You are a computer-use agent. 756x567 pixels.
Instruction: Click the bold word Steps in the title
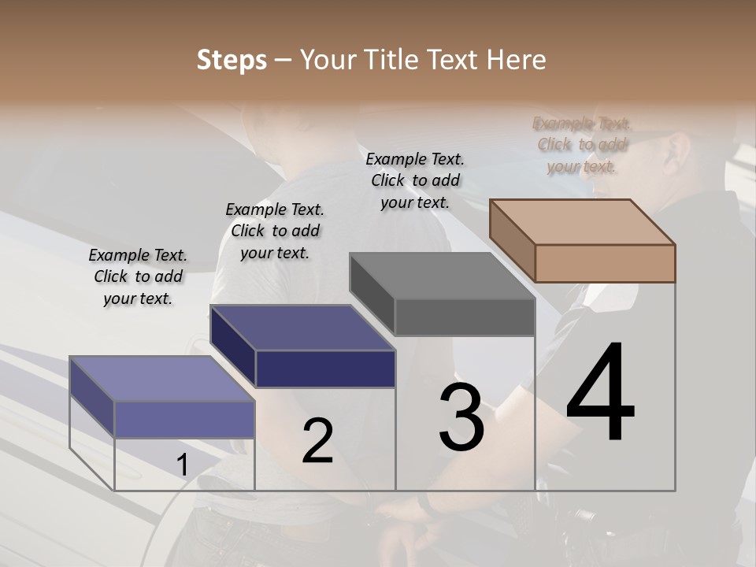pos(232,60)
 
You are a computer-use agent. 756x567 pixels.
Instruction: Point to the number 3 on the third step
pos(461,417)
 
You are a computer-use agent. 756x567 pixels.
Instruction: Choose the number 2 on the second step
pos(317,441)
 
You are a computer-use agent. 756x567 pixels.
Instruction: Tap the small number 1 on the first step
pos(182,466)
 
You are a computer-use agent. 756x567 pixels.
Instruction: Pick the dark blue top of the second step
pos(302,328)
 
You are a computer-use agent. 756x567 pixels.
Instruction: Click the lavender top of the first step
pos(162,379)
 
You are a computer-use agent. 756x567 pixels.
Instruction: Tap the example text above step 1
pos(138,277)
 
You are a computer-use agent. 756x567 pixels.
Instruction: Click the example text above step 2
pos(275,231)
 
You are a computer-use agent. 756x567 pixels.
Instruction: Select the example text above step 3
pos(415,180)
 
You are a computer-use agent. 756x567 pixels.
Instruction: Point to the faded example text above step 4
pos(582,145)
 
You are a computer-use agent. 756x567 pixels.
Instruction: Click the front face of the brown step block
pos(605,263)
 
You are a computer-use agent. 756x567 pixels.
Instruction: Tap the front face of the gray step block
pos(465,317)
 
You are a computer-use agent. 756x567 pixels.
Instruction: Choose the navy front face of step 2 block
pos(325,369)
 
